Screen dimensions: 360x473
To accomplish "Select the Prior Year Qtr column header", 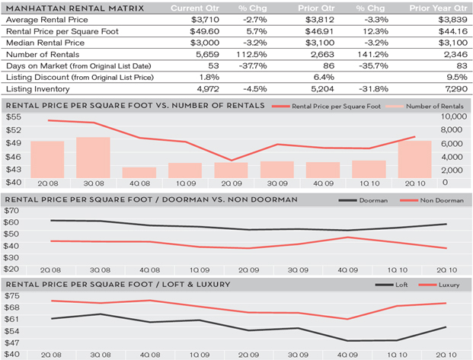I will pos(437,8).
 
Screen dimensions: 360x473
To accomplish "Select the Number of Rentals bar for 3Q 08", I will pos(93,157).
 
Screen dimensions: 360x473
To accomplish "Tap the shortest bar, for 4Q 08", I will pos(139,172).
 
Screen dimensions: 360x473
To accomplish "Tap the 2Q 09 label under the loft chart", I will pos(248,354).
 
